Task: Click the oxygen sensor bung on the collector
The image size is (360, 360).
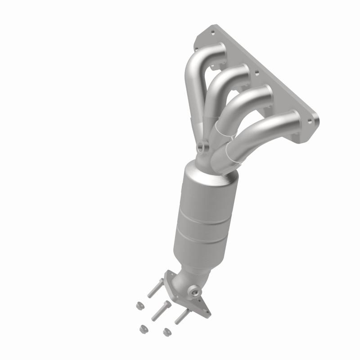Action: coord(201,146)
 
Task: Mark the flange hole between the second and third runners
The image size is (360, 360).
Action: coord(257,71)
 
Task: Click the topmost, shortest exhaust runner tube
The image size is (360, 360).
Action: coord(193,76)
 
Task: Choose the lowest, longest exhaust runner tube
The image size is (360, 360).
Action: coord(261,130)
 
